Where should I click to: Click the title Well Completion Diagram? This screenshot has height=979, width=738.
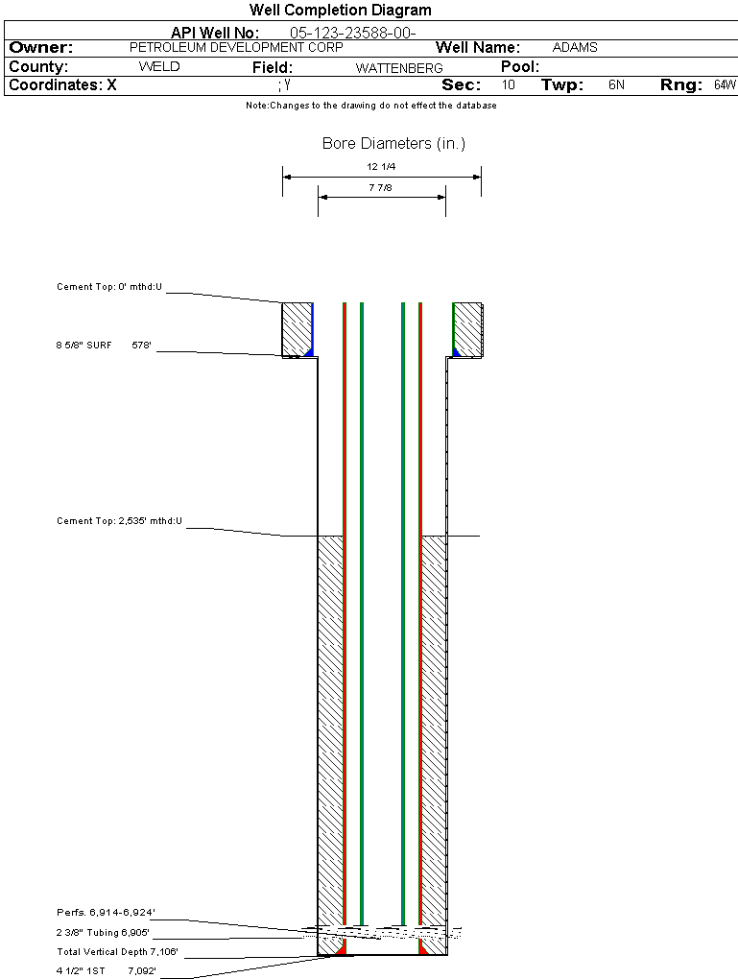pos(340,11)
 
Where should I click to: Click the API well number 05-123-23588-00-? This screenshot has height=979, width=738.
pos(352,33)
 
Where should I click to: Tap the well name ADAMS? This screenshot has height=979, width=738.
pos(575,47)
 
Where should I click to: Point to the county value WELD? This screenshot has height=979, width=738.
pos(159,67)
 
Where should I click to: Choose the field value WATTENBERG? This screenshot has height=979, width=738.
pos(399,68)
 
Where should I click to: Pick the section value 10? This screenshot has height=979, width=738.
pos(509,85)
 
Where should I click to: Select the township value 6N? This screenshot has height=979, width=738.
pos(616,85)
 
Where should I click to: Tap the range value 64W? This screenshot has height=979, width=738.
pos(725,85)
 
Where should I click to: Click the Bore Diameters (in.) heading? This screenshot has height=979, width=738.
pos(393,144)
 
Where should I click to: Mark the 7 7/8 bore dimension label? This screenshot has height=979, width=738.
pos(380,187)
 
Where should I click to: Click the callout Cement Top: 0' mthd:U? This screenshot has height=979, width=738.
pos(109,286)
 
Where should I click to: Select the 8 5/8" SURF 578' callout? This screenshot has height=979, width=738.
pos(106,345)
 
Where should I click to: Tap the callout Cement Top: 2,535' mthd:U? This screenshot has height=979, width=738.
pos(119,521)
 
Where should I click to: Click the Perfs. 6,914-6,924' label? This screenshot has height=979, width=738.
pos(106,912)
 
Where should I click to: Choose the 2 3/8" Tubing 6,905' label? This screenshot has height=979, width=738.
pos(104,932)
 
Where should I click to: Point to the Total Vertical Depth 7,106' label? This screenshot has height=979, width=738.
pos(117,952)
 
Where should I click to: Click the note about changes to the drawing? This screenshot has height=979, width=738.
pos(370,106)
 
